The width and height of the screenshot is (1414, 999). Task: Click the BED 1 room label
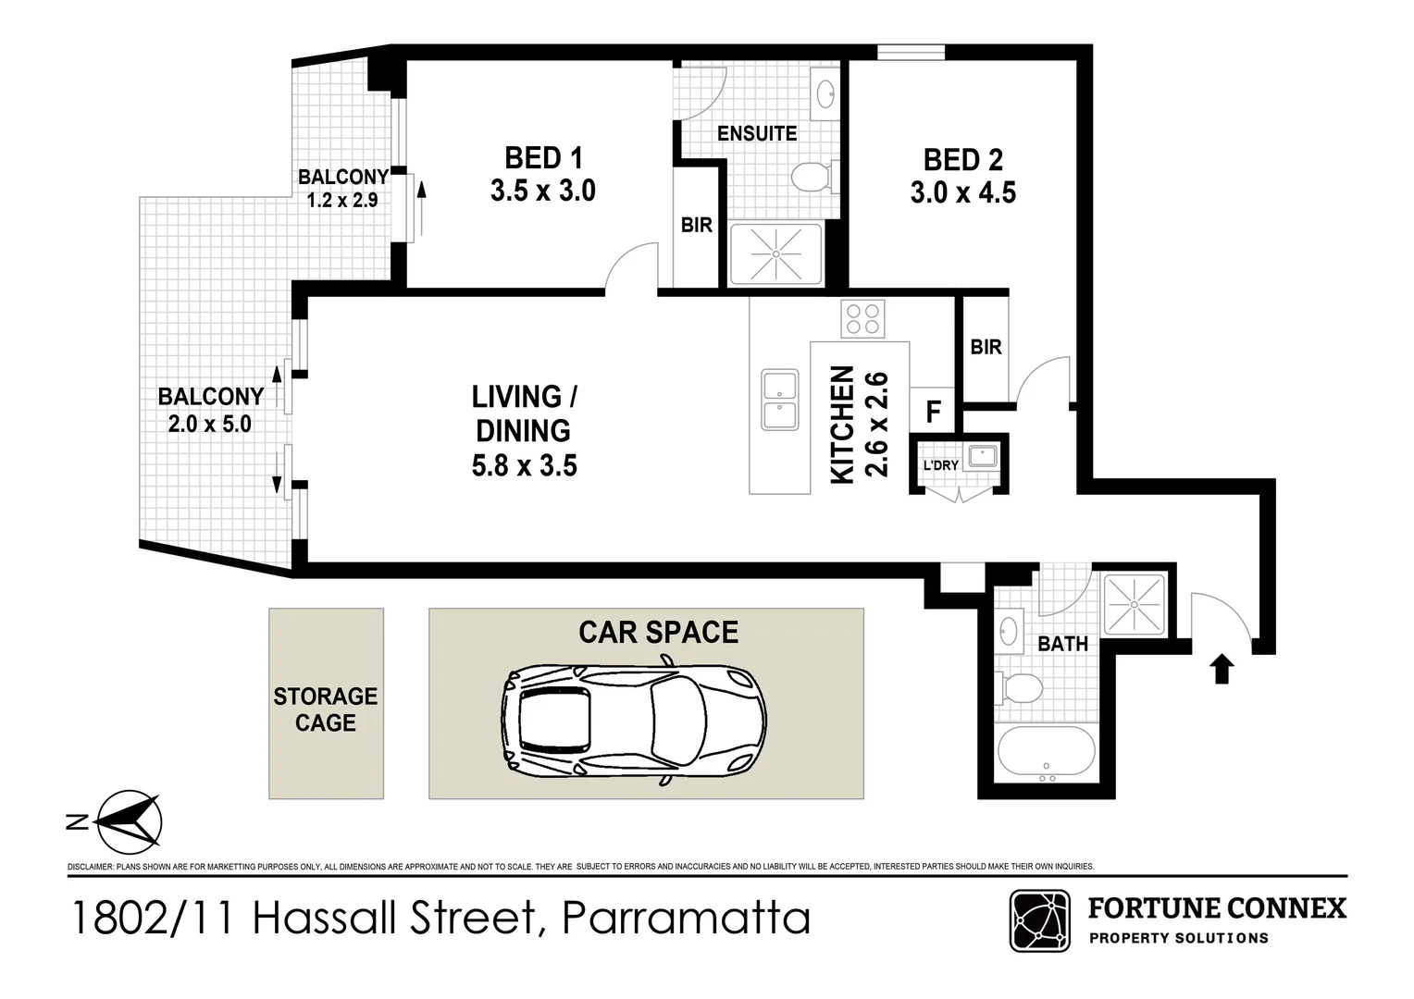(543, 158)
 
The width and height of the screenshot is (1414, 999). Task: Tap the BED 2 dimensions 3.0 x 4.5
(962, 193)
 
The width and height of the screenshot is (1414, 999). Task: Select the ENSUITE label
(756, 133)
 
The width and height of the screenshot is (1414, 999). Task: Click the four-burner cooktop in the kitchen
(862, 318)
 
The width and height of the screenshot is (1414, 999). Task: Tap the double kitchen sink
(780, 400)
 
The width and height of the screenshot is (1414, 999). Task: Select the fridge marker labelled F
(933, 412)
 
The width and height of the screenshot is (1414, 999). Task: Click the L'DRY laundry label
(940, 465)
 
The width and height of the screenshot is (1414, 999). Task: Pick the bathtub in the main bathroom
(1047, 755)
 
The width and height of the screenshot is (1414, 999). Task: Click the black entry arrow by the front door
(1222, 669)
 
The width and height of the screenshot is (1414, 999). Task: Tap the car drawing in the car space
(635, 720)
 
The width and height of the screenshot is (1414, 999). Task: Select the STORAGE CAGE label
(326, 709)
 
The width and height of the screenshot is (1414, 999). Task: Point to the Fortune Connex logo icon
(1039, 920)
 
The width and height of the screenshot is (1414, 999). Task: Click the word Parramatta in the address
(686, 919)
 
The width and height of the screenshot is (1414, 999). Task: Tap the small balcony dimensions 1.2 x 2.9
(342, 200)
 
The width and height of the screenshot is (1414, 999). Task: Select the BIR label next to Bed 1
(696, 225)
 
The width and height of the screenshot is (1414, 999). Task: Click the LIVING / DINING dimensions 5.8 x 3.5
(524, 465)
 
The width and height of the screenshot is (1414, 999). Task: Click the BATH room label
(1061, 644)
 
